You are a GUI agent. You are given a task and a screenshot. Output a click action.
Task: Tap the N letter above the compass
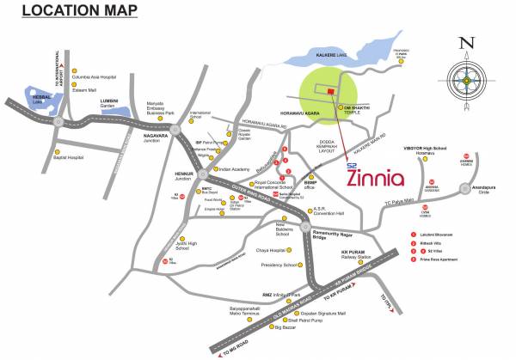pyautogui.click(x=465, y=42)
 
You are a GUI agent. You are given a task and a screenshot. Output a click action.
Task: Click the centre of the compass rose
pyautogui.click(x=465, y=81)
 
